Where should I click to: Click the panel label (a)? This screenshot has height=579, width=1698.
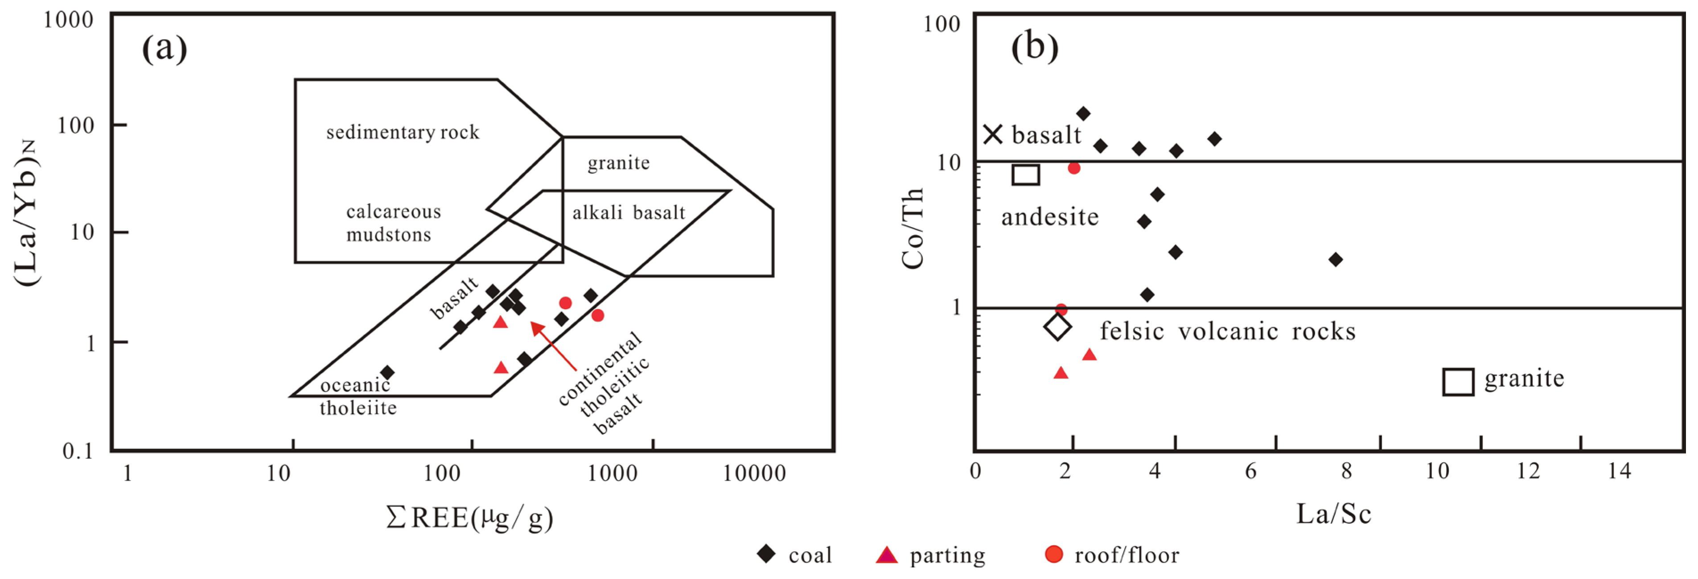(165, 49)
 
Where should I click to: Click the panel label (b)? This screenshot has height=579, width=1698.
(1034, 47)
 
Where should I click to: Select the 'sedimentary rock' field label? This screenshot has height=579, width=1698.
(403, 132)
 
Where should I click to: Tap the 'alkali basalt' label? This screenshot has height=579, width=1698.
(628, 213)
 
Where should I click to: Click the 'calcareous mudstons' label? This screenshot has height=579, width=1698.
(393, 223)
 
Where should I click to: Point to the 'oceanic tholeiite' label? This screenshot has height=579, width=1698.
(358, 396)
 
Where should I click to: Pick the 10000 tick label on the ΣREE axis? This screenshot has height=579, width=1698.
(754, 473)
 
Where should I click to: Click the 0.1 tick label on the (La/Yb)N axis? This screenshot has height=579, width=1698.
(78, 451)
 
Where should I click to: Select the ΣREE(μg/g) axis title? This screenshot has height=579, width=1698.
(469, 518)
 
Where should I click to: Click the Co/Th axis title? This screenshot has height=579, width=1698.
(913, 228)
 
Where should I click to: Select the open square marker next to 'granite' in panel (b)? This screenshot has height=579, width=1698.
(1458, 381)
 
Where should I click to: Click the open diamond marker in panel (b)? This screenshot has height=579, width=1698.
(1057, 326)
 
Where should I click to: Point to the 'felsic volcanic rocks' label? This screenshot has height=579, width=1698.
(1227, 330)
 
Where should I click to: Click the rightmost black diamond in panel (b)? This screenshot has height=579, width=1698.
(1336, 260)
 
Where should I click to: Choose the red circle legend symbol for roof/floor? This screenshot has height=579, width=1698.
(1054, 554)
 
